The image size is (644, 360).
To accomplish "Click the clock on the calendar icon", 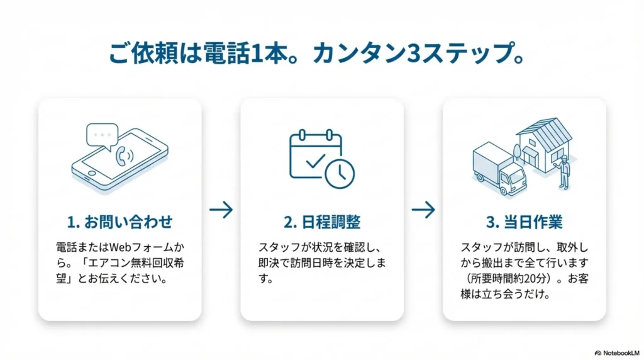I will (340, 172).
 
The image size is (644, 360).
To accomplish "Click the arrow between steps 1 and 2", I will (221, 210).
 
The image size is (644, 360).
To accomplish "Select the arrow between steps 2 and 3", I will (423, 210).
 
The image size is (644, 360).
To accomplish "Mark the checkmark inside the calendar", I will (313, 162).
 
